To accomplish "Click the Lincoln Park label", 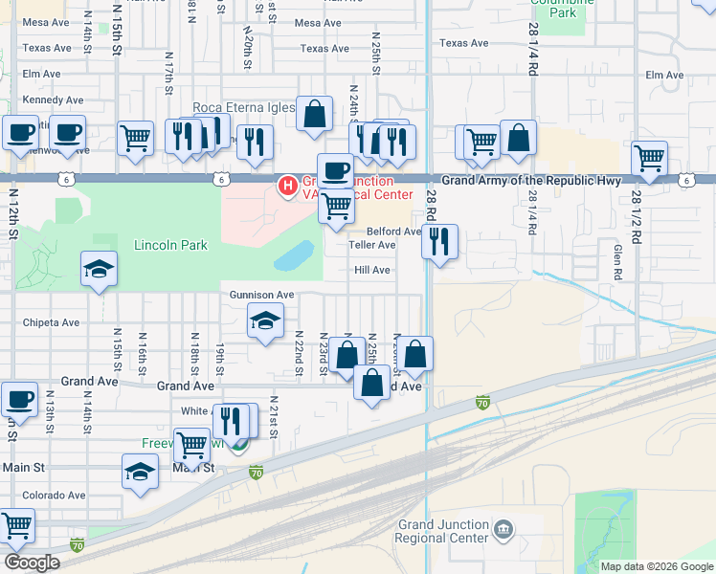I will pos(170,245).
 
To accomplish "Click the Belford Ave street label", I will pos(393,232).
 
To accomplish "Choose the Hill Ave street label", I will pos(372,271).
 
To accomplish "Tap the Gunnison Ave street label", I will pos(260,296).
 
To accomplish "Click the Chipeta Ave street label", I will pos(52,322).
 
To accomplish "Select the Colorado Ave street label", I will pos(54,496).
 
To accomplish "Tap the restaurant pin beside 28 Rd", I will pos(439,240).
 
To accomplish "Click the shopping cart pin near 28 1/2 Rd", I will pos(649,157).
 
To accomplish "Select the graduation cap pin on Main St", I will pos(140,471).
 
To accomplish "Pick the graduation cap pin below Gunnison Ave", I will pos(265,320).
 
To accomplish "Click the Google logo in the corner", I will pos(32,563).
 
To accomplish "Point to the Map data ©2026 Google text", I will pos(656,566).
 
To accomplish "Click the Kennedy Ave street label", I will pos(53,99).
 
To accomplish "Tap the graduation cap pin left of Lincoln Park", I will pos(99,271).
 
